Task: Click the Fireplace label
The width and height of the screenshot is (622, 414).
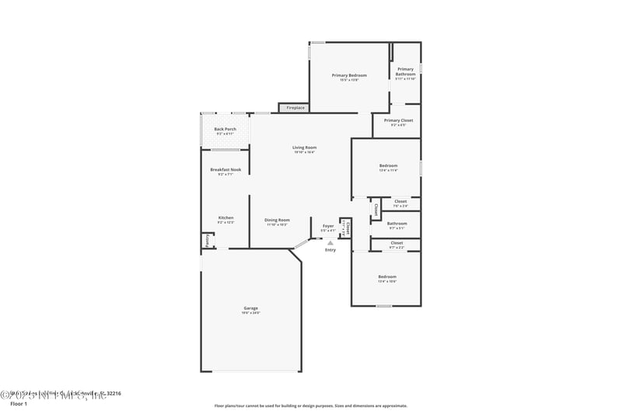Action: [295, 107]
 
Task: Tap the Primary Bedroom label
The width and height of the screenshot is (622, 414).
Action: [349, 75]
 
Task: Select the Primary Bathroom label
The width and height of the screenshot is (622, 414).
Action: [405, 71]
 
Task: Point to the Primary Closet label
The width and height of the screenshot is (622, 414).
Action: [398, 121]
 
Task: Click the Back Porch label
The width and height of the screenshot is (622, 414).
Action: [225, 130]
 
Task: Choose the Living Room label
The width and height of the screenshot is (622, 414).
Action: [304, 148]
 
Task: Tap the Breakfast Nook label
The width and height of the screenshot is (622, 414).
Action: [225, 170]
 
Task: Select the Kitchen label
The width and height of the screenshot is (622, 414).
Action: [225, 218]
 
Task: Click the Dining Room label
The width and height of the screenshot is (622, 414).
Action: [277, 220]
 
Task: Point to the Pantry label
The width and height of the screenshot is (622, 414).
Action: [208, 242]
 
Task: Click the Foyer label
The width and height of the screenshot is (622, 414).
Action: [328, 226]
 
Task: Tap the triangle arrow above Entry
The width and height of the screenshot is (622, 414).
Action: [330, 243]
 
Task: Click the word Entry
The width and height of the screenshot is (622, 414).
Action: [330, 250]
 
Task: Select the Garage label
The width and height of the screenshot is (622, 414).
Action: [250, 308]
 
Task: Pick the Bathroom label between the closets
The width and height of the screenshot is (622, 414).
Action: [397, 224]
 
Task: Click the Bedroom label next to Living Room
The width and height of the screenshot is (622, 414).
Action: [388, 165]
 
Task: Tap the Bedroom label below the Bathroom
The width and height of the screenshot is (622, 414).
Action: [387, 277]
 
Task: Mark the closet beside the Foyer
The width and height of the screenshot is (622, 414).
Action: [348, 228]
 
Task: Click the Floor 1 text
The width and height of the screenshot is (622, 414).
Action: [18, 404]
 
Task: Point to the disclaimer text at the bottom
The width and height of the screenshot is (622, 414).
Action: [311, 405]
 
